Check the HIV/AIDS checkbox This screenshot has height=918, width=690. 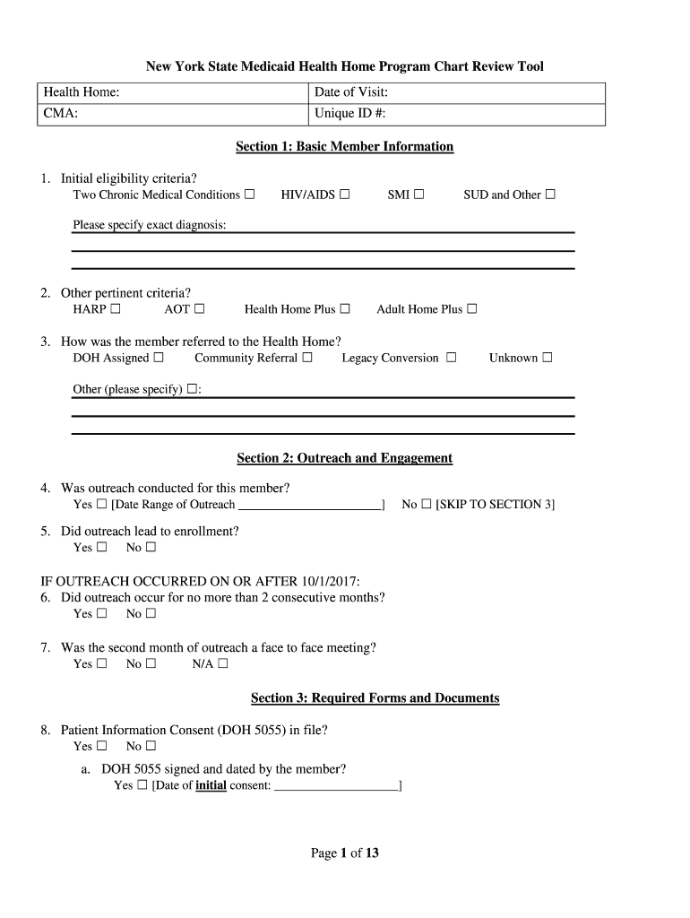(x=345, y=195)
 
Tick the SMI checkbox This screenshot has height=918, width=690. (x=418, y=195)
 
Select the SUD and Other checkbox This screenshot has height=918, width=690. (x=550, y=195)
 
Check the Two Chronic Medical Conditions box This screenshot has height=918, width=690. (x=250, y=195)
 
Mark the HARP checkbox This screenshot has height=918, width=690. (x=116, y=309)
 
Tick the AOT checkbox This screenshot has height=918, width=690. (x=199, y=309)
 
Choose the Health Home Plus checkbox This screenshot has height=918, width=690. (x=345, y=309)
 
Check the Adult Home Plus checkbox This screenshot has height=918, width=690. (x=472, y=309)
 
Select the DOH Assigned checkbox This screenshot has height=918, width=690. (x=159, y=358)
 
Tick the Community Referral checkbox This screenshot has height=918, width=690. (x=307, y=358)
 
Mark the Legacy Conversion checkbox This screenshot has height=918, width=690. (x=452, y=358)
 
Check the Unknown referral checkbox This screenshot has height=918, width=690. (x=548, y=358)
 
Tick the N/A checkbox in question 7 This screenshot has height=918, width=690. (x=223, y=664)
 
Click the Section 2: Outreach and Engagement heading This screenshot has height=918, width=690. (x=344, y=458)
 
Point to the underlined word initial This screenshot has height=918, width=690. (x=211, y=786)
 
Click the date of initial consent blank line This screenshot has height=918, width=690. (x=336, y=786)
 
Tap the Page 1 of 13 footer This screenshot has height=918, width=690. (x=344, y=853)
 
